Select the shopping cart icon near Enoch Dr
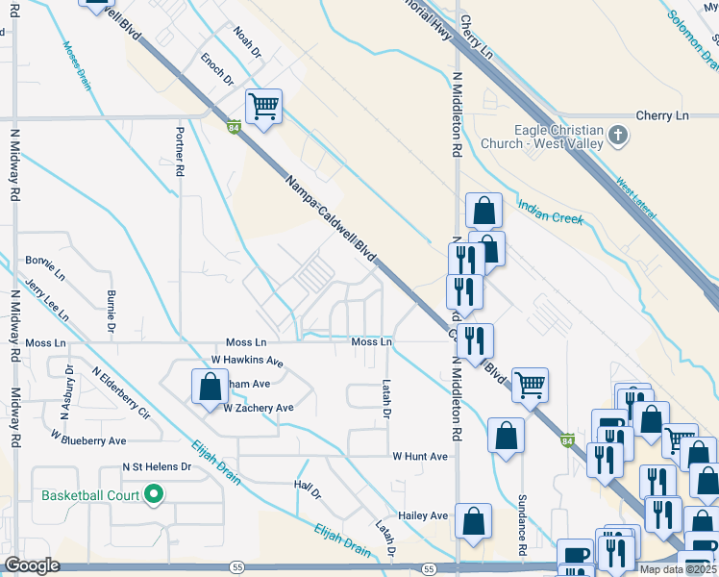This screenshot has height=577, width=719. [263, 107]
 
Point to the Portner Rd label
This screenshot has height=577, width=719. [180, 153]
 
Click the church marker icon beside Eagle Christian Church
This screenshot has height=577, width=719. [618, 137]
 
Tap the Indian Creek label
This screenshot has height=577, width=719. [551, 212]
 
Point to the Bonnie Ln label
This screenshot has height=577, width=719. [45, 261]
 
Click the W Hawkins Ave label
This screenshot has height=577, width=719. [247, 362]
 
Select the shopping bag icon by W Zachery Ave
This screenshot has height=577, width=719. [210, 388]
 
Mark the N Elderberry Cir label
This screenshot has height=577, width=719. [121, 393]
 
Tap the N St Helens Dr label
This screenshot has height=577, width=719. [157, 466]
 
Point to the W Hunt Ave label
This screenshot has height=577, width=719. [420, 456]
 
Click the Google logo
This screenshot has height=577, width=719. [33, 565]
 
